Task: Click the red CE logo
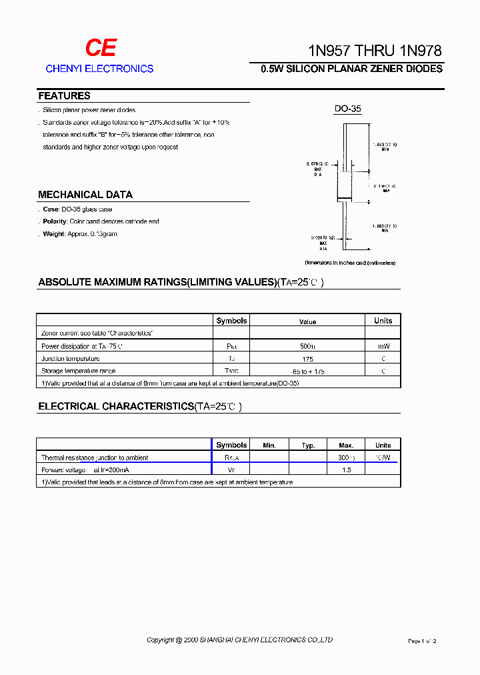[100, 47]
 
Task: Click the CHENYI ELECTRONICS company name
[99, 69]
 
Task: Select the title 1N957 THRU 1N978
[374, 51]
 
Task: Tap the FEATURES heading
[64, 96]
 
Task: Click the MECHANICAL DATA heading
[85, 195]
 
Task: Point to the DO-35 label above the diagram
[347, 109]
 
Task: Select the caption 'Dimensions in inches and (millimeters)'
[350, 263]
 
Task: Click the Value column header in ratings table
[307, 321]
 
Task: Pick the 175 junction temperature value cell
[307, 359]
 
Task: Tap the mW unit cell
[383, 346]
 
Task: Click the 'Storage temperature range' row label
[78, 371]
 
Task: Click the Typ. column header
[307, 445]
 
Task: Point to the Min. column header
[269, 445]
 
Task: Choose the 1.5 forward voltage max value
[346, 470]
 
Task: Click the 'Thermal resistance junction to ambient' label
[95, 458]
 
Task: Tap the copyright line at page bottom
[239, 640]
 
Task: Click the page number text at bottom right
[421, 641]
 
